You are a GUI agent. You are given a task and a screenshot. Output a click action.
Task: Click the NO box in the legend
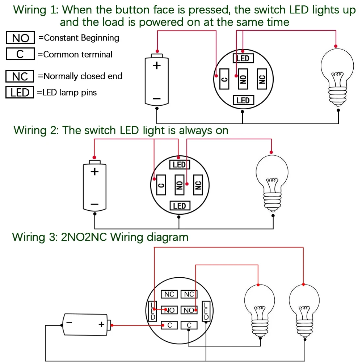20,38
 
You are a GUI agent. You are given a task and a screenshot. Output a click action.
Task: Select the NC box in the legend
20,76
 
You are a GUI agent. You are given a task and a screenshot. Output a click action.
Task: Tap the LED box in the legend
20,92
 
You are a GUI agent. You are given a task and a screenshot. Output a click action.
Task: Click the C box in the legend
20,54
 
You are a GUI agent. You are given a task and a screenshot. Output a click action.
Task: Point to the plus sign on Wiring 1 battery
156,66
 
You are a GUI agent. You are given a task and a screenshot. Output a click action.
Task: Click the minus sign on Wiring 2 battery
94,204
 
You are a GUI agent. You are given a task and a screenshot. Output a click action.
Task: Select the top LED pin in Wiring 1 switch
243,58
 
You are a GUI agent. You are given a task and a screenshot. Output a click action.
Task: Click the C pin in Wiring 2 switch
161,185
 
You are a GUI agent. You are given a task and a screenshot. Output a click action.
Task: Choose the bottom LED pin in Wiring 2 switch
179,206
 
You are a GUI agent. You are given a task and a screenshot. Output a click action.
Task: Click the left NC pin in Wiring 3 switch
169,294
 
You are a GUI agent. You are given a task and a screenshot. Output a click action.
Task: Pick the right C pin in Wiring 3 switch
189,325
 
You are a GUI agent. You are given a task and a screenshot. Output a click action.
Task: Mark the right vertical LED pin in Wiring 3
206,311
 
